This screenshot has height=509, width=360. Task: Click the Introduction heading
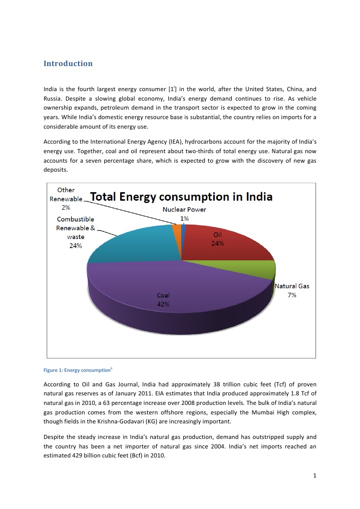point(68,64)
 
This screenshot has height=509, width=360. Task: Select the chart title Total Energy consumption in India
point(181,197)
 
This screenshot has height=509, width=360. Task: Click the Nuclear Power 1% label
point(184,214)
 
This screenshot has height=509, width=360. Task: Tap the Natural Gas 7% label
point(292,290)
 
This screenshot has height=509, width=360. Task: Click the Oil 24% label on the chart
point(217,239)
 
